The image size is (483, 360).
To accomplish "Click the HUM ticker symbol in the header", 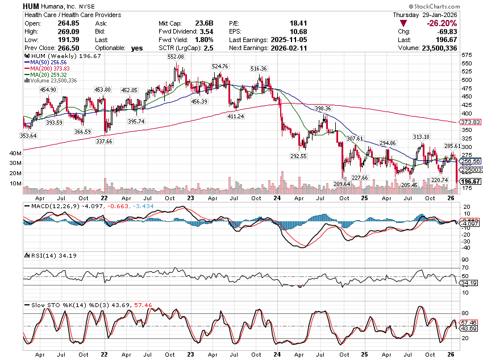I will (x=31, y=5).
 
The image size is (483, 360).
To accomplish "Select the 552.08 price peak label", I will (x=176, y=57).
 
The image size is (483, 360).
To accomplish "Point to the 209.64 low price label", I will (x=341, y=184).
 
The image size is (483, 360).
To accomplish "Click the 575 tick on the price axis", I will (x=468, y=55).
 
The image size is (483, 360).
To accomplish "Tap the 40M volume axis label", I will (x=15, y=154).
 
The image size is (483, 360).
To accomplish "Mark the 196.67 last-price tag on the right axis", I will (x=471, y=181).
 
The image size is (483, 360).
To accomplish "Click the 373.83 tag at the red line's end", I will (x=470, y=122).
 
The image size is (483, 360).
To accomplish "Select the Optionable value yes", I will (x=137, y=48).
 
